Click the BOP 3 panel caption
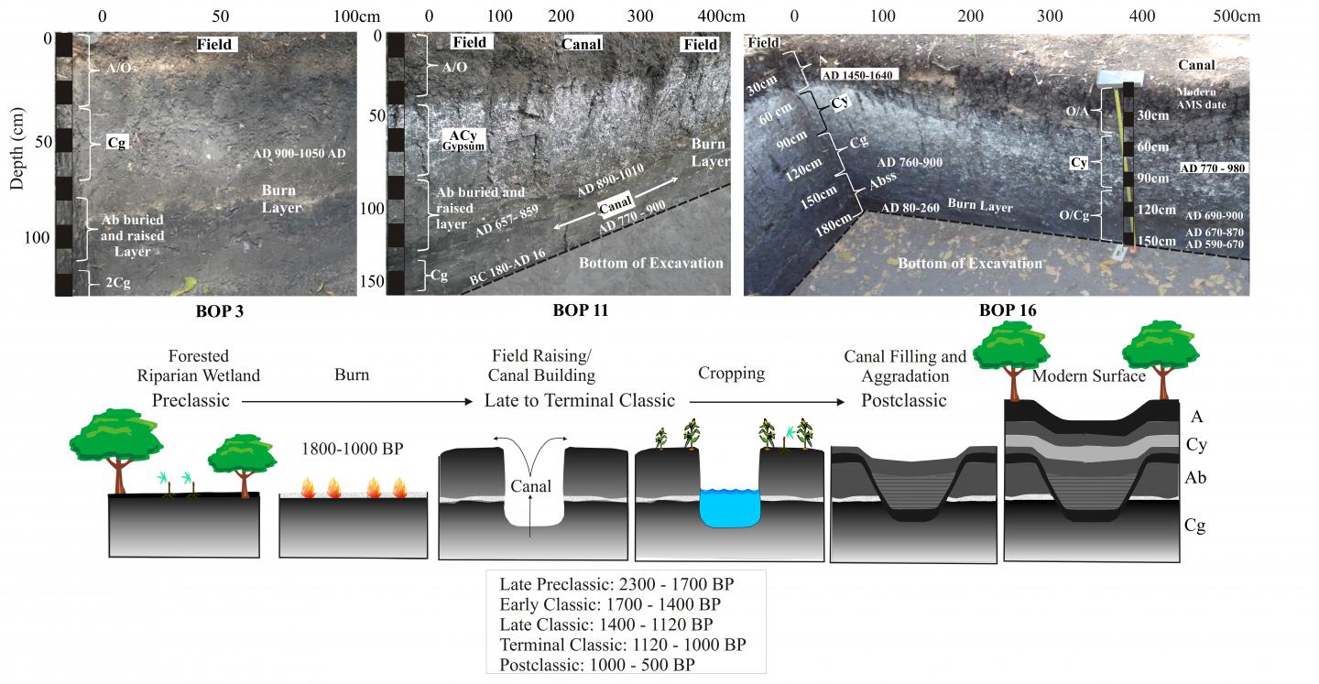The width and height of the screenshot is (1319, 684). (219, 310)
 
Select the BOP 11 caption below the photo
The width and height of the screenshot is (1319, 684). (580, 310)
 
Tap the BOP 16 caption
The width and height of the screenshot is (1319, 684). (1008, 310)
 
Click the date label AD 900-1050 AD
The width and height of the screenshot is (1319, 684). (300, 154)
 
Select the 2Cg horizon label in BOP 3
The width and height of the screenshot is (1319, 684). (116, 283)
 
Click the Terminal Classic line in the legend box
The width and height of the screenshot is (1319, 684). (623, 645)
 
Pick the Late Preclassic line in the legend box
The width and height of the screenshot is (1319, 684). (616, 584)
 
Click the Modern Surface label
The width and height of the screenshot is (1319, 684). (1088, 376)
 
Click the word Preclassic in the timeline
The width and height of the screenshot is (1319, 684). (191, 400)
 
